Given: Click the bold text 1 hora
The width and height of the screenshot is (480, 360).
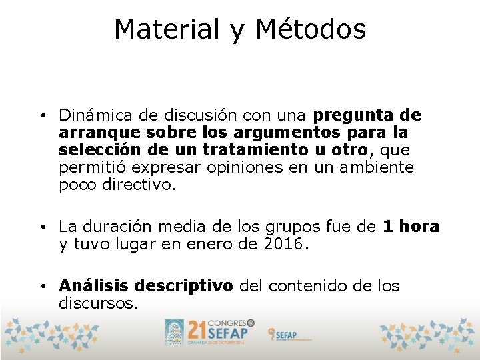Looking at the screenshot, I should (411, 227).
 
